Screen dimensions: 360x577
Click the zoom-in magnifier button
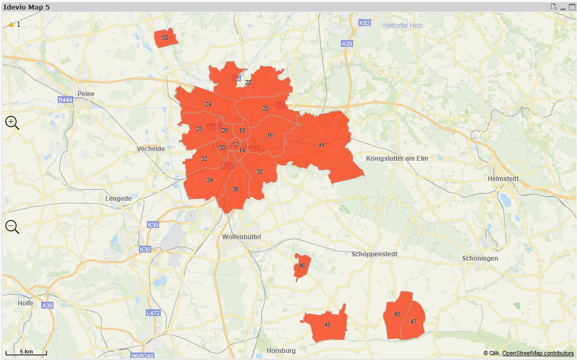pyautogui.click(x=12, y=122)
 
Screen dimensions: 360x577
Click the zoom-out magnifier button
pyautogui.click(x=12, y=226)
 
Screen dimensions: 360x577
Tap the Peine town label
pyautogui.click(x=85, y=94)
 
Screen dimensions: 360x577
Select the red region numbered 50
pyautogui.click(x=165, y=38)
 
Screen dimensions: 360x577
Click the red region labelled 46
pyautogui.click(x=302, y=266)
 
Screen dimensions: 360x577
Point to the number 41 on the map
pyautogui.click(x=321, y=145)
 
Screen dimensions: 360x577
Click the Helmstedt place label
pyautogui.click(x=503, y=179)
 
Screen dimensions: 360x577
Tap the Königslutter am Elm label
pyautogui.click(x=397, y=159)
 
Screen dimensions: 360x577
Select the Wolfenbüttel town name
pyautogui.click(x=241, y=237)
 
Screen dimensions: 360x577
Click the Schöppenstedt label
pyautogui.click(x=375, y=254)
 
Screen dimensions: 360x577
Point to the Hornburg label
pyautogui.click(x=281, y=351)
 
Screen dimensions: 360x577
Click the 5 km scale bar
pyautogui.click(x=26, y=353)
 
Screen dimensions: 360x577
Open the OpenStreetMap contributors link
pyautogui.click(x=537, y=353)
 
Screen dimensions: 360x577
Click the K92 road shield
pyautogui.click(x=364, y=23)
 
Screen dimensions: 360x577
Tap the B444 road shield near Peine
pyautogui.click(x=65, y=100)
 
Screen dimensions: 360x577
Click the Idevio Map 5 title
pyautogui.click(x=27, y=7)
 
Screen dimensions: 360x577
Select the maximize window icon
pyautogui.click(x=572, y=7)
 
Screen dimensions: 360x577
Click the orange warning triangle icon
pyautogui.click(x=11, y=25)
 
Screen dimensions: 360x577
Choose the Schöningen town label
pyautogui.click(x=480, y=259)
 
